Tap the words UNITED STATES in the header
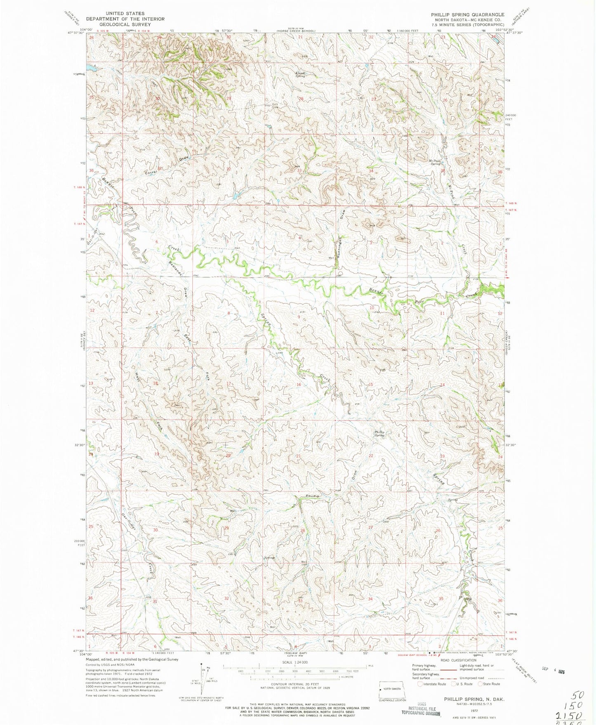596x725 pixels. pos(125,14)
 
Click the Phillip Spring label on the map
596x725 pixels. pos(379,433)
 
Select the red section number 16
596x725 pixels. pos(299,385)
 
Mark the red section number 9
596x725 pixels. pos(299,317)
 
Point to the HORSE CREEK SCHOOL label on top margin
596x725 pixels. pos(296,31)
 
